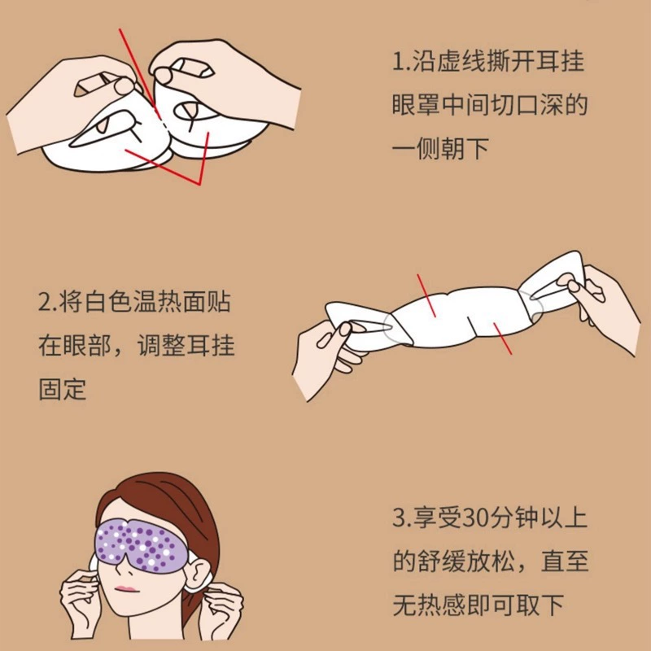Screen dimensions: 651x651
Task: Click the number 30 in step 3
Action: [475, 518]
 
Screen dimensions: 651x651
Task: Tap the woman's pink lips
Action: [126, 588]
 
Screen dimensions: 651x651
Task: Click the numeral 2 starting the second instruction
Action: [44, 302]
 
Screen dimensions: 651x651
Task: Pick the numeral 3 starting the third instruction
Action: [399, 518]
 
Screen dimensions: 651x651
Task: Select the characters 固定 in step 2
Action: [63, 389]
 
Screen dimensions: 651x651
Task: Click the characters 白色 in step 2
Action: [108, 302]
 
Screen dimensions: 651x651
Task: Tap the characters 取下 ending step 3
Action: [540, 605]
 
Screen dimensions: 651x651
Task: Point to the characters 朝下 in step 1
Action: [465, 148]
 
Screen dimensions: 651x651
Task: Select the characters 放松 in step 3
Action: [491, 561]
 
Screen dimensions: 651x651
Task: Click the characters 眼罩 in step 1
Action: [416, 105]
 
